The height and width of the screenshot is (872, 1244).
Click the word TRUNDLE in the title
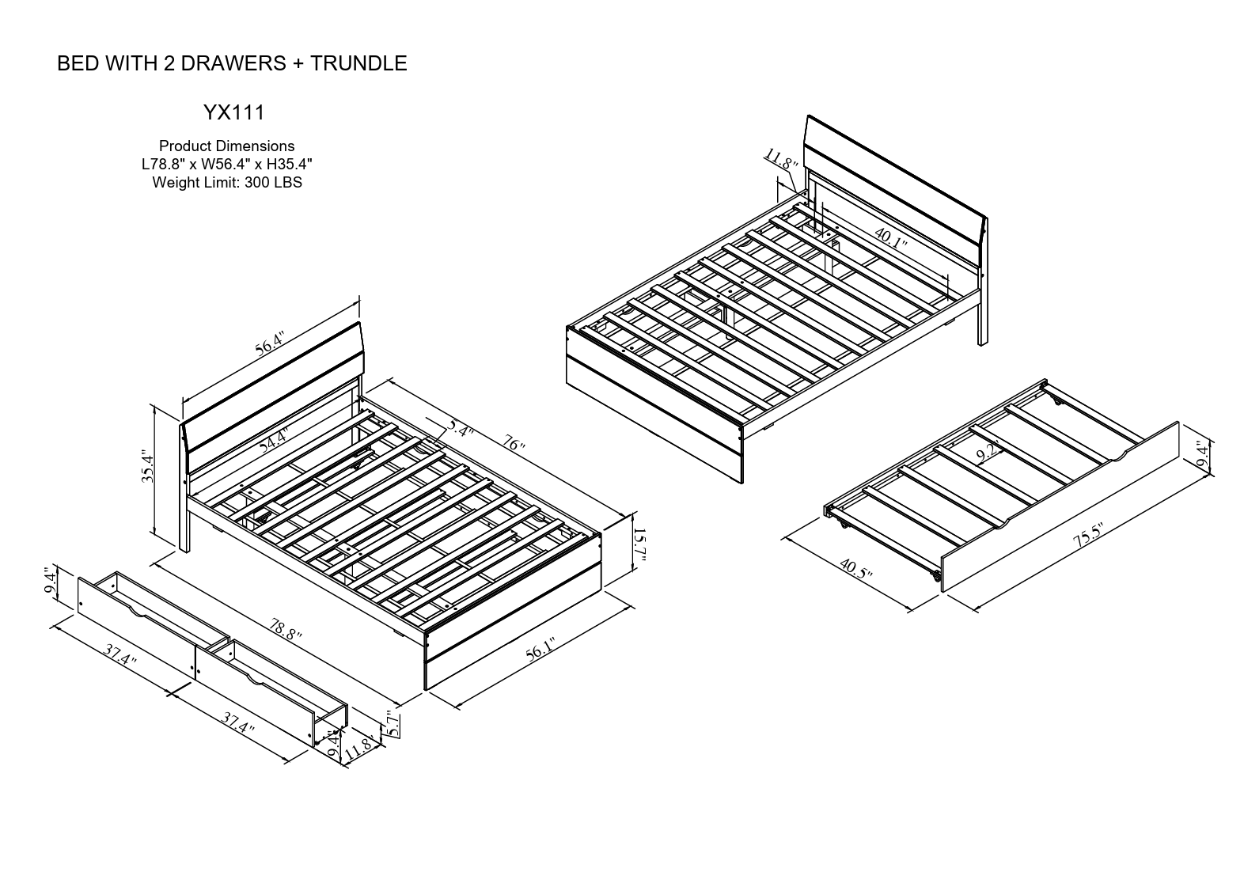coord(358,64)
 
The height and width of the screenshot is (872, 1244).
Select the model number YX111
coord(234,113)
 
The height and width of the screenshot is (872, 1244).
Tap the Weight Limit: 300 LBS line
coord(227,183)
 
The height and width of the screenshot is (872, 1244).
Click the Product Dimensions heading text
coord(226,146)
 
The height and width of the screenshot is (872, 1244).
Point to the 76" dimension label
coord(514,445)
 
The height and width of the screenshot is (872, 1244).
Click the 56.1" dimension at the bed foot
coord(540,650)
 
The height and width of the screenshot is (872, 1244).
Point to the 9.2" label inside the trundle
coord(986,454)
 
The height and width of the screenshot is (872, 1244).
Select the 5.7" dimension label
coord(389,723)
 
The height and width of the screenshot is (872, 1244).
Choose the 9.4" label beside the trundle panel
coord(1204,456)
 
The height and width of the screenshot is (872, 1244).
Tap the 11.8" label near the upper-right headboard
coord(779,161)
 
